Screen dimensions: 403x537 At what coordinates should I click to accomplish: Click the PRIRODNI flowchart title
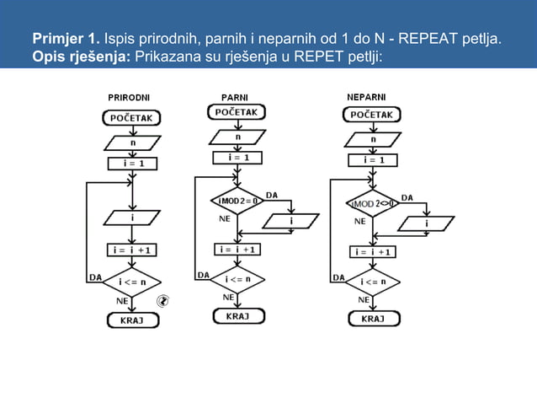tap(129, 98)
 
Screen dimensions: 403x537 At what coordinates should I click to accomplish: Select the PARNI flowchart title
tap(234, 98)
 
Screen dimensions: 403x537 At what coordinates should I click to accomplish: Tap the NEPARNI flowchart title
tap(366, 98)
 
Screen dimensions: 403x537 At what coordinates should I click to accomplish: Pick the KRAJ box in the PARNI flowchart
tap(238, 316)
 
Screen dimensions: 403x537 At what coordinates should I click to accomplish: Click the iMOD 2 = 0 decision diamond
tap(237, 202)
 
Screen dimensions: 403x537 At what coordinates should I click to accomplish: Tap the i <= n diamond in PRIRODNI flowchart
tap(132, 282)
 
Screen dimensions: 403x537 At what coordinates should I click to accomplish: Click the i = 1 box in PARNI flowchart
tap(238, 158)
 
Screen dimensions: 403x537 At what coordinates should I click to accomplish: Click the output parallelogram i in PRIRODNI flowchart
tap(132, 218)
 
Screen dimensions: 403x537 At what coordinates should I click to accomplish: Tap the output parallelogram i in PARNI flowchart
tap(291, 221)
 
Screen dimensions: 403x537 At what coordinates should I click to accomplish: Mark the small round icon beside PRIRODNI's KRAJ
tap(165, 299)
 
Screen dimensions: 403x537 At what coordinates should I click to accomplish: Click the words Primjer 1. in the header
tap(66, 40)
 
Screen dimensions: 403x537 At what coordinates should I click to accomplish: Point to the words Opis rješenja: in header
tap(81, 56)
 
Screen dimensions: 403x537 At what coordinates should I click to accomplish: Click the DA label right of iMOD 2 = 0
tap(271, 195)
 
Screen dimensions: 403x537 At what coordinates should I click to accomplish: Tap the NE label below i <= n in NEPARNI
tap(364, 298)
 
